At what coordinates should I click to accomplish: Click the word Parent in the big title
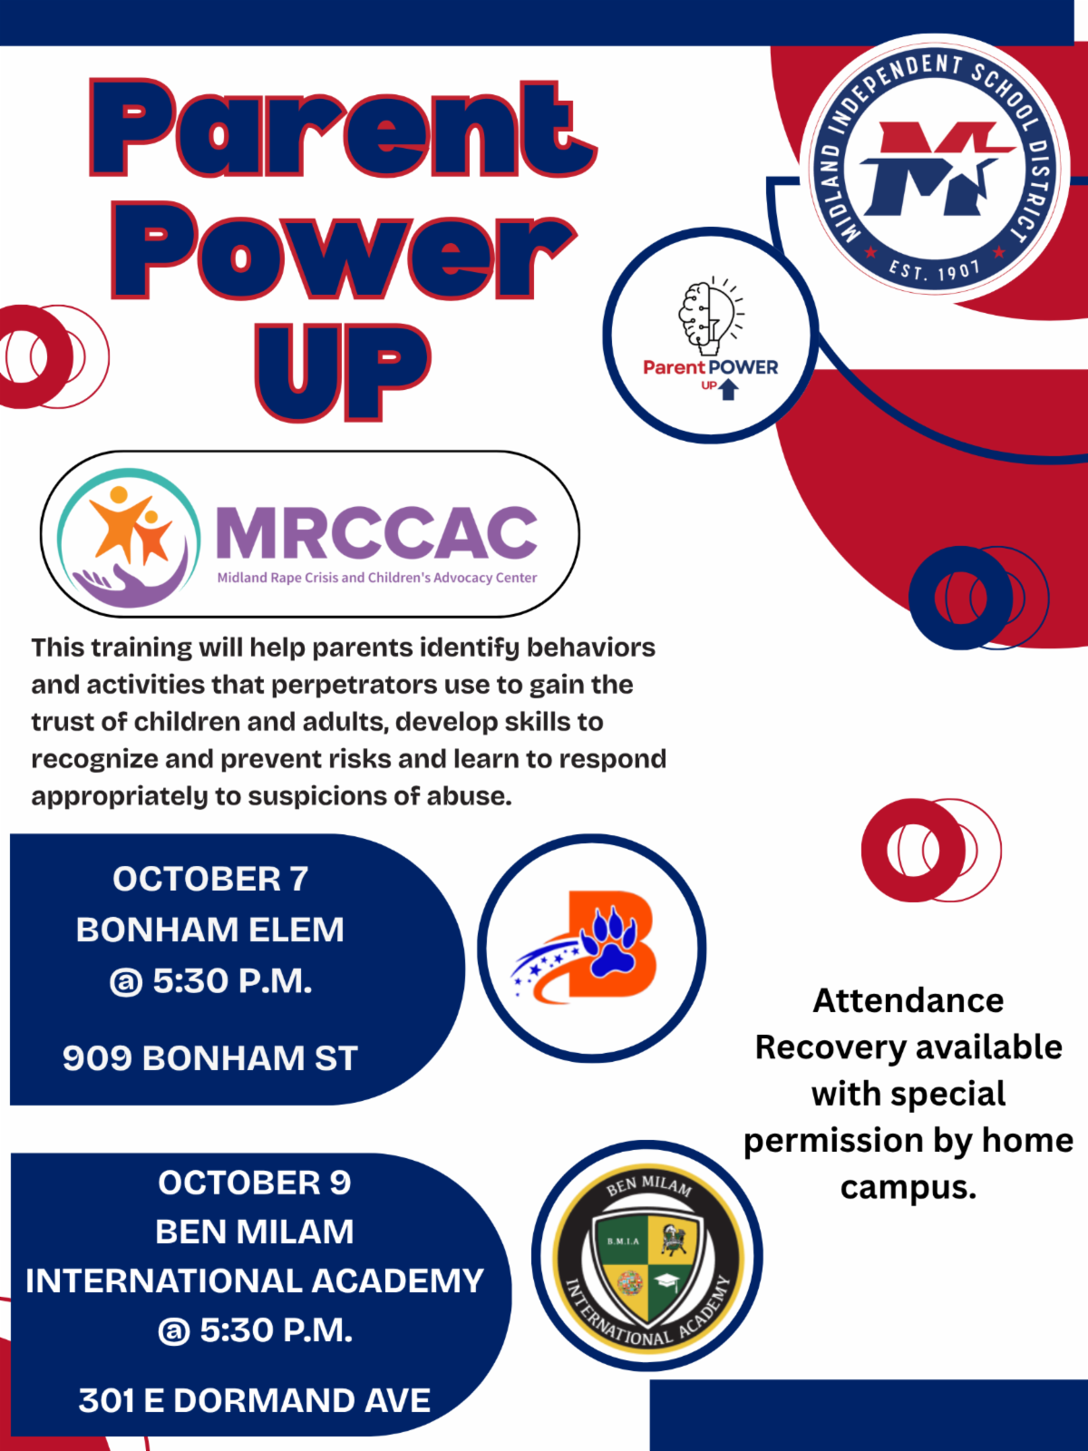pyautogui.click(x=343, y=129)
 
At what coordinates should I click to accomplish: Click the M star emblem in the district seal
pyautogui.click(x=934, y=170)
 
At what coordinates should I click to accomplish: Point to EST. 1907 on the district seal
pyautogui.click(x=934, y=269)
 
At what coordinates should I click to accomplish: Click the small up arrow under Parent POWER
pyautogui.click(x=728, y=389)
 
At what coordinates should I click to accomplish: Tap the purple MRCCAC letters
pyautogui.click(x=376, y=532)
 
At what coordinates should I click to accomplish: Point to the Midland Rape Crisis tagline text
pyautogui.click(x=376, y=578)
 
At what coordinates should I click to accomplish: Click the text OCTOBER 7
pyautogui.click(x=210, y=879)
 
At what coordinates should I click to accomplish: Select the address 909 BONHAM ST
pyautogui.click(x=210, y=1058)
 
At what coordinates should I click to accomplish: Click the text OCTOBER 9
pyautogui.click(x=254, y=1183)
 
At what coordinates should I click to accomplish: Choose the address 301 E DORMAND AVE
pyautogui.click(x=254, y=1400)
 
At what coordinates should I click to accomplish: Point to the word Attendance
pyautogui.click(x=908, y=1000)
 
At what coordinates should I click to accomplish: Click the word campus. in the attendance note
pyautogui.click(x=908, y=1187)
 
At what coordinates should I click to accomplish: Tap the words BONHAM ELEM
pyautogui.click(x=210, y=930)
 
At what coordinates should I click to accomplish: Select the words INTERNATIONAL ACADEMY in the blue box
pyautogui.click(x=254, y=1281)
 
